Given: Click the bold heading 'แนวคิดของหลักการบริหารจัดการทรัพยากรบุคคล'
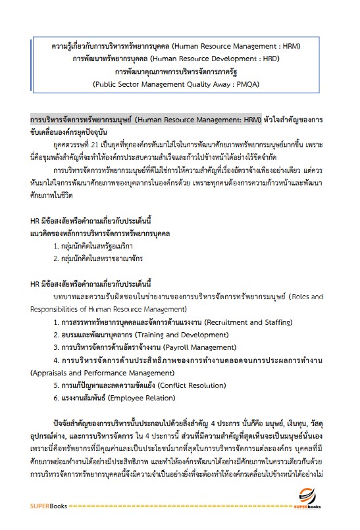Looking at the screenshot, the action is [101, 233].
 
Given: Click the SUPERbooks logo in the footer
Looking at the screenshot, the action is [311, 501].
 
